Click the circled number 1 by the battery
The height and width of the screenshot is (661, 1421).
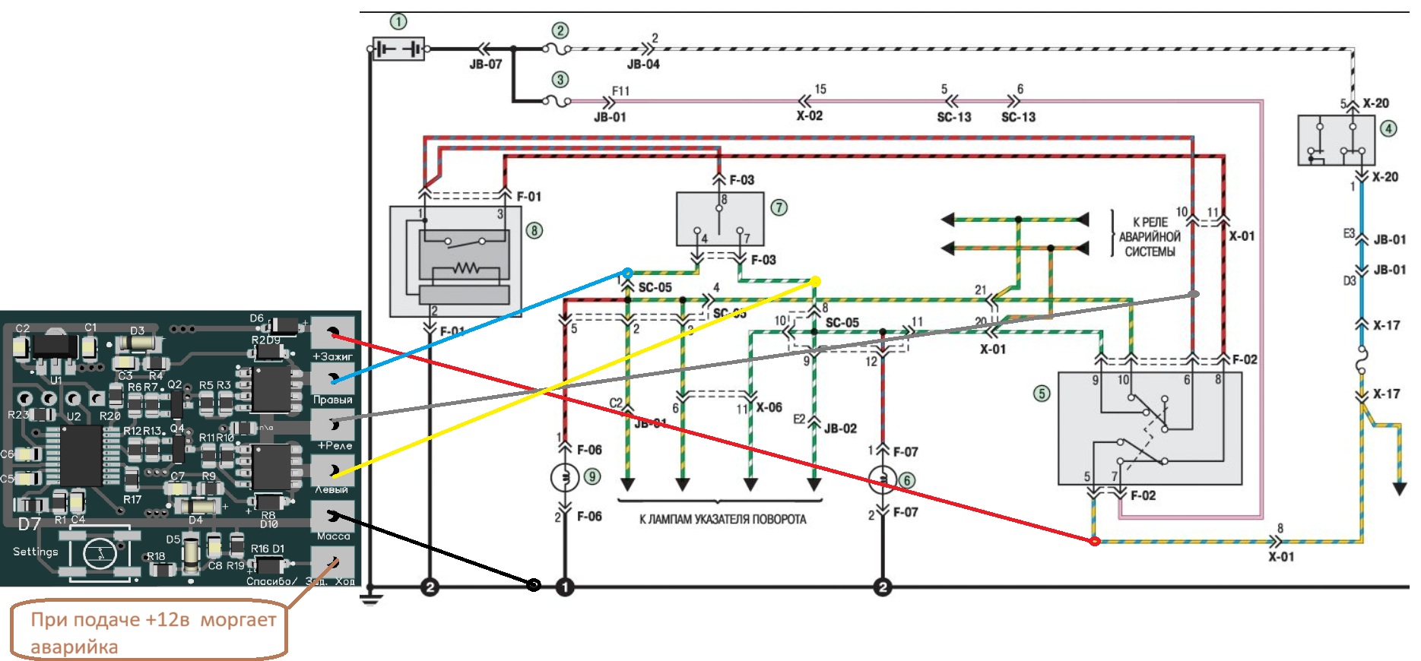coord(398,22)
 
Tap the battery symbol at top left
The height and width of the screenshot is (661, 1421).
coord(398,49)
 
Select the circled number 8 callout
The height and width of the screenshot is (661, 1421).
coord(534,230)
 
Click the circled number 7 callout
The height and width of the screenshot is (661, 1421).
coord(779,207)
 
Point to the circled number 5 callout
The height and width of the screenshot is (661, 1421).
coord(1042,393)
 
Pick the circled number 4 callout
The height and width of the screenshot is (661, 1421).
coord(1388,128)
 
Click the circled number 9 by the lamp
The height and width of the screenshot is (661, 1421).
coord(592,476)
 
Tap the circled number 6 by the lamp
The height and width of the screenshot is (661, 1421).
coord(906,480)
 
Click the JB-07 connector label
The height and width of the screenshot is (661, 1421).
coord(486,65)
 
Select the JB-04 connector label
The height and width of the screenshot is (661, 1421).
coord(643,65)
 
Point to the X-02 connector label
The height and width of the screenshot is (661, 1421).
coord(810,116)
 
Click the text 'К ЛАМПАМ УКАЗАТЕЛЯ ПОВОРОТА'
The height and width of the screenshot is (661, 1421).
coord(722,520)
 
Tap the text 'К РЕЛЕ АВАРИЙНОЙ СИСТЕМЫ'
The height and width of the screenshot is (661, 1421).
coord(1150,237)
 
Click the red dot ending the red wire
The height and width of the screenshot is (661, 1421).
coord(1095,541)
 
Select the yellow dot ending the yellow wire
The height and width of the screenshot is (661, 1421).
coord(815,282)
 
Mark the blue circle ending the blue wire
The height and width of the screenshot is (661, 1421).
coord(627,273)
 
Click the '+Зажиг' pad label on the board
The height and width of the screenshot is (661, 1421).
coord(333,356)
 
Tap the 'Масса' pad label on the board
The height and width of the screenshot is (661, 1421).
coord(333,536)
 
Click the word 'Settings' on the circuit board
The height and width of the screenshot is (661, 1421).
coord(35,552)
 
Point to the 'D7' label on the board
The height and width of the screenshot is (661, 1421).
coord(30,524)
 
